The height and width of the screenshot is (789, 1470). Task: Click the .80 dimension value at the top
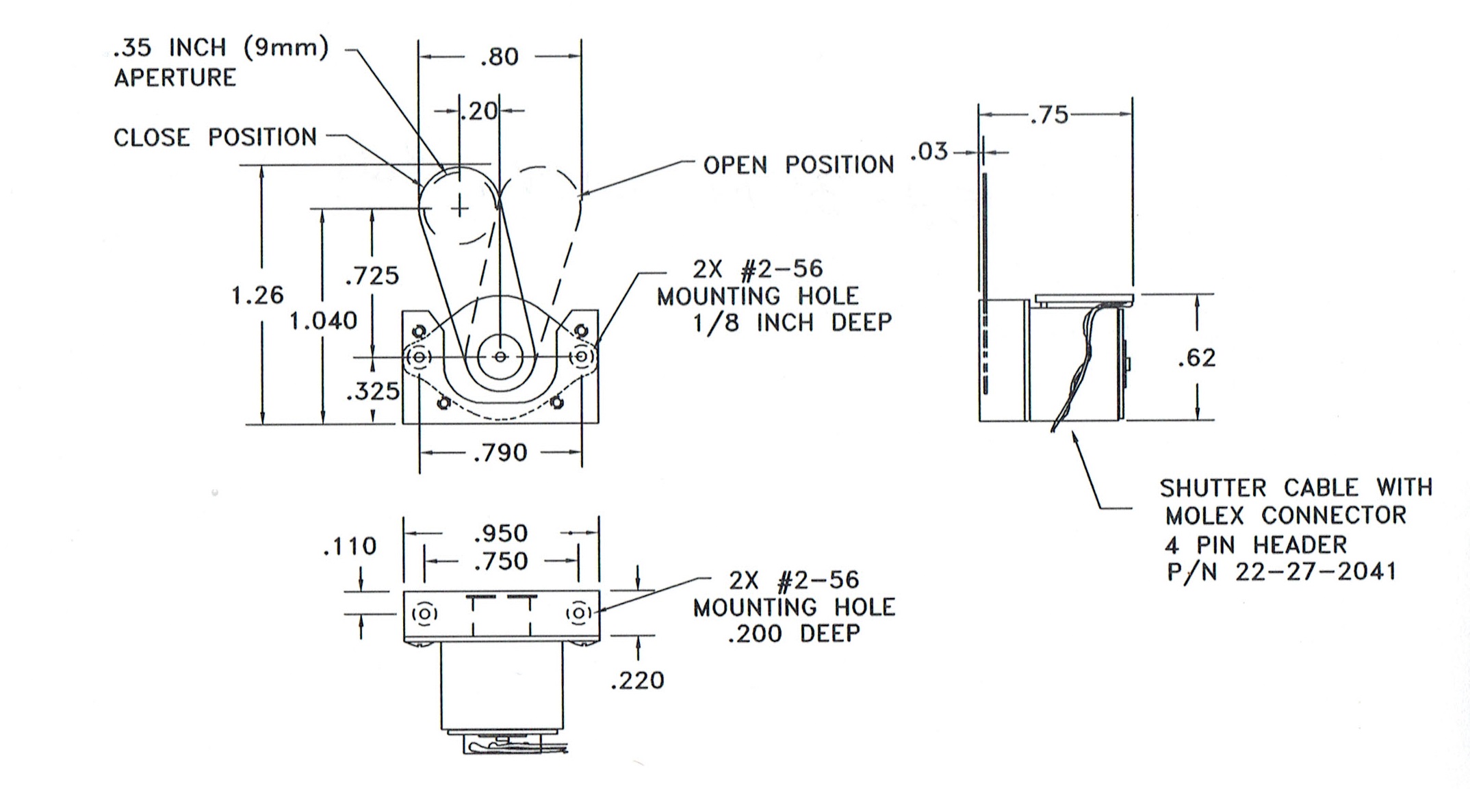[x=500, y=57]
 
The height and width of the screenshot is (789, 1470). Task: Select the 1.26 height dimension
[x=257, y=296]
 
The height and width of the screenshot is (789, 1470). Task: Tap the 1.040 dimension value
[x=323, y=321]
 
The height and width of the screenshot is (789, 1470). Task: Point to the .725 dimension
[x=372, y=276]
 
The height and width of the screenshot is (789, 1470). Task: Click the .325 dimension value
[x=372, y=391]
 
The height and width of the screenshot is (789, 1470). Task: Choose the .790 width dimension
[x=500, y=453]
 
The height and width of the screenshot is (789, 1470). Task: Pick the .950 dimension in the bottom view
[x=501, y=533]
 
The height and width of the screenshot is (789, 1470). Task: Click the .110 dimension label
[x=350, y=546]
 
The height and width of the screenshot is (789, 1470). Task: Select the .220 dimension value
[x=637, y=681]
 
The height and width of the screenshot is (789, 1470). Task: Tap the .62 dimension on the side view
[x=1197, y=358]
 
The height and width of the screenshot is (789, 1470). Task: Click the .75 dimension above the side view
[x=1049, y=115]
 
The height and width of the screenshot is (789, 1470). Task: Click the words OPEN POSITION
[x=799, y=165]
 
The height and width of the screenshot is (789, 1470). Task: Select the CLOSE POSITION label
[x=215, y=138]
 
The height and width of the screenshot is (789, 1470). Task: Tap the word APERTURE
[x=175, y=78]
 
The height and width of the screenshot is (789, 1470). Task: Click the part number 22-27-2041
[x=1315, y=572]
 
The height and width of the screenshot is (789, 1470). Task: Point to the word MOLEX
[x=1207, y=515]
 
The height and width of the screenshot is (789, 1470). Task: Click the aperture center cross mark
[x=460, y=207]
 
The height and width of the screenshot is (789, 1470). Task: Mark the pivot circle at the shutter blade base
[x=500, y=357]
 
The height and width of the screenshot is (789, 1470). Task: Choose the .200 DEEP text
[x=794, y=634]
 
